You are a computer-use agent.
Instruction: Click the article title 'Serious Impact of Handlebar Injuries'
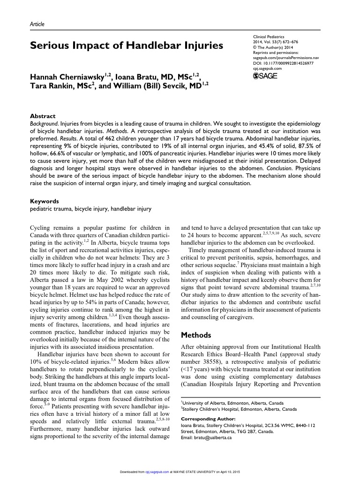click(x=127, y=45)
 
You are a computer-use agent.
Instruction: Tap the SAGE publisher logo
click(x=265, y=75)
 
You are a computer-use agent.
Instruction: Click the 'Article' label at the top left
click(x=37, y=23)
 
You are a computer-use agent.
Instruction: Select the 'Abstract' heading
click(x=43, y=116)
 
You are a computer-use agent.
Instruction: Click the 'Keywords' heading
click(x=44, y=200)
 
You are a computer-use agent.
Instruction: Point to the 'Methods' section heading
click(x=196, y=335)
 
